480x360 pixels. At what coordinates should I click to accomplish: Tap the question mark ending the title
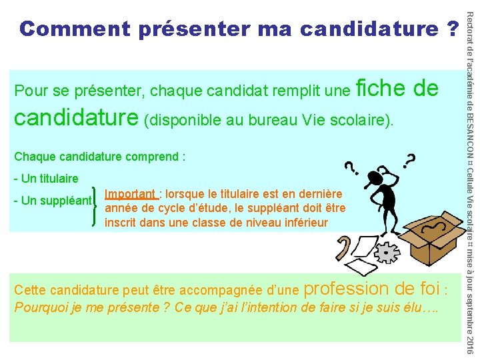pos(453,29)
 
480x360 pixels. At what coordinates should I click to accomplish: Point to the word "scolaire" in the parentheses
pos(361,120)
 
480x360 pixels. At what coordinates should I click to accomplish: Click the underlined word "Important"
pos(131,194)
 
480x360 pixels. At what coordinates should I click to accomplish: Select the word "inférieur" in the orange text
pos(304,223)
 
